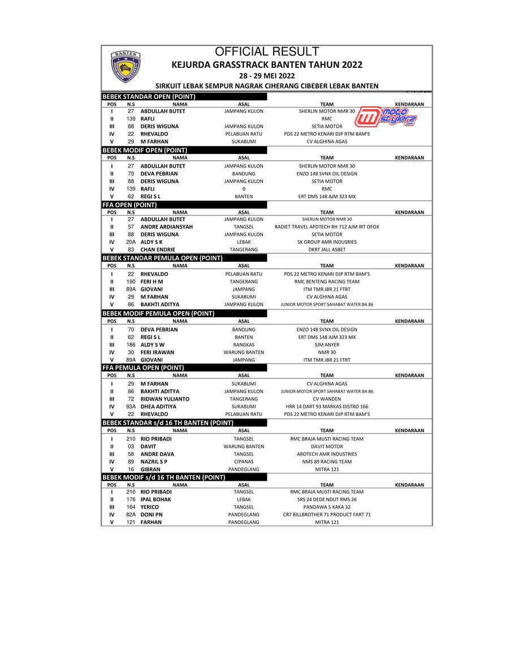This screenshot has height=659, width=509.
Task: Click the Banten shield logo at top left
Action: point(126,66)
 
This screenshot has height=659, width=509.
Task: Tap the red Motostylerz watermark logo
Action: point(390,117)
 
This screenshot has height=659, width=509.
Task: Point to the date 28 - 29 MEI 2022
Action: point(267,75)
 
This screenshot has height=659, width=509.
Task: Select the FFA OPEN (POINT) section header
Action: point(130,205)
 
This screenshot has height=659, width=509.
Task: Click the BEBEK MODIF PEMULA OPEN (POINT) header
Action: point(158,313)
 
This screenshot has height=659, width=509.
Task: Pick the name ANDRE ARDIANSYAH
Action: point(167,227)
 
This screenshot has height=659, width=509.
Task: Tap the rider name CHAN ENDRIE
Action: point(158,249)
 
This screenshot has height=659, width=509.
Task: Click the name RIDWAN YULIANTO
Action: point(165,399)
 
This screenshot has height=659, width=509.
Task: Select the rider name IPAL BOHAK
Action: point(156,499)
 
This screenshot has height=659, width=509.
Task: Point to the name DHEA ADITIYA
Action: point(158,407)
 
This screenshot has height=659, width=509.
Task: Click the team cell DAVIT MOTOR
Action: point(327,446)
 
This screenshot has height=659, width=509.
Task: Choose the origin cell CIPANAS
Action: point(244,462)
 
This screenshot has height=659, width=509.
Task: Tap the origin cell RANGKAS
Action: point(244,344)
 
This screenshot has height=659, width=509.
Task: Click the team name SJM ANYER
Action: point(327,344)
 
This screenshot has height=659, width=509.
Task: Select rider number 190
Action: point(131,281)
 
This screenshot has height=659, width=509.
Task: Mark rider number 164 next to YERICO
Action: point(131,507)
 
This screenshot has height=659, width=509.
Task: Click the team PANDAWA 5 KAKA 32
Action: point(327,507)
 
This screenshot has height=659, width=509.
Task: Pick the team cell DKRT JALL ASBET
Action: point(327,249)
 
